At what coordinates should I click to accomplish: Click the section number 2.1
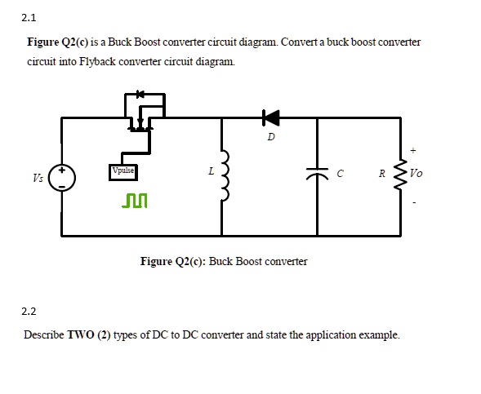click(30, 17)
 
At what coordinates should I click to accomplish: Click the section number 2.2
click(30, 311)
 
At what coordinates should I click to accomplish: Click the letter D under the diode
click(270, 136)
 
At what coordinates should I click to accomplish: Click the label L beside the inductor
click(211, 172)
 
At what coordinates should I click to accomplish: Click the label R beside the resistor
click(382, 173)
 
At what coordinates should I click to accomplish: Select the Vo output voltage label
click(416, 173)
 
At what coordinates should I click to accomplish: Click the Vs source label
click(38, 177)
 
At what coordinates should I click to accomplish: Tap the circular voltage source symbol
click(62, 177)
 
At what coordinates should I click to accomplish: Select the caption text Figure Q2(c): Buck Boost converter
click(224, 261)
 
